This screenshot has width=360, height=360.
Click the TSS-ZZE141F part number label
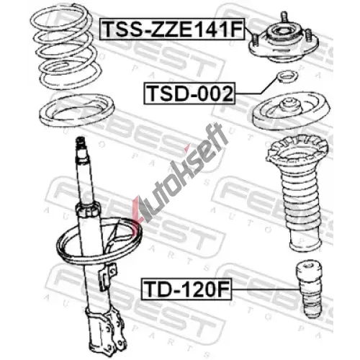(172, 29)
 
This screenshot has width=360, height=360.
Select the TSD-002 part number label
(189, 94)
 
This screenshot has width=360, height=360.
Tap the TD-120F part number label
(186, 289)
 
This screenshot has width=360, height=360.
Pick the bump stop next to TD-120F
(309, 290)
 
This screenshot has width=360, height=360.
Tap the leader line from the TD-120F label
(264, 289)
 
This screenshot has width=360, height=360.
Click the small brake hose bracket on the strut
(109, 276)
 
